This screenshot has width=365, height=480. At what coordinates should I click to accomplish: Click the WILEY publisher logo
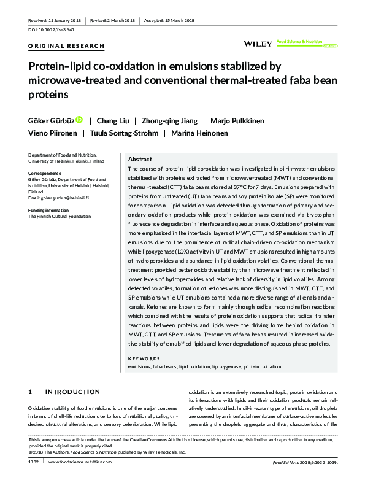click(x=258, y=44)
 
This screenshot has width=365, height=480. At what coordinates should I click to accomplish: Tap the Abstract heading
click(x=140, y=160)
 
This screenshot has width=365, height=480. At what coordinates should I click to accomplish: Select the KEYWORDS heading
click(x=144, y=358)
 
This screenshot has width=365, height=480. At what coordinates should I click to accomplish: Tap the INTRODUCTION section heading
click(x=72, y=392)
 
